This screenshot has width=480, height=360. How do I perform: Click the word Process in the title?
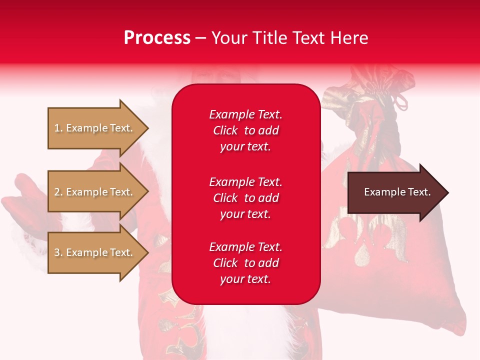pos(157,38)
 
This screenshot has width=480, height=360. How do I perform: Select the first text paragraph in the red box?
pos(245,130)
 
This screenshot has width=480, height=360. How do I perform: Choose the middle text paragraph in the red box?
pos(245,198)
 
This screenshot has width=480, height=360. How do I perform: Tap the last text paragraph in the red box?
pos(245,263)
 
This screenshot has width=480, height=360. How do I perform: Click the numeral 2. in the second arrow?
pos(58,192)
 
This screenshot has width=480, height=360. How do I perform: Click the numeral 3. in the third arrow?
pos(58,252)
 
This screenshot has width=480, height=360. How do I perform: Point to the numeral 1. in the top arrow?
pos(58,128)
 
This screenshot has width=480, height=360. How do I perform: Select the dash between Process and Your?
pos(200,38)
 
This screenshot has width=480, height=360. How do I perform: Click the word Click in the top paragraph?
pos(225,130)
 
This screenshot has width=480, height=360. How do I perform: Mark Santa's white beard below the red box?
pos(250,330)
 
